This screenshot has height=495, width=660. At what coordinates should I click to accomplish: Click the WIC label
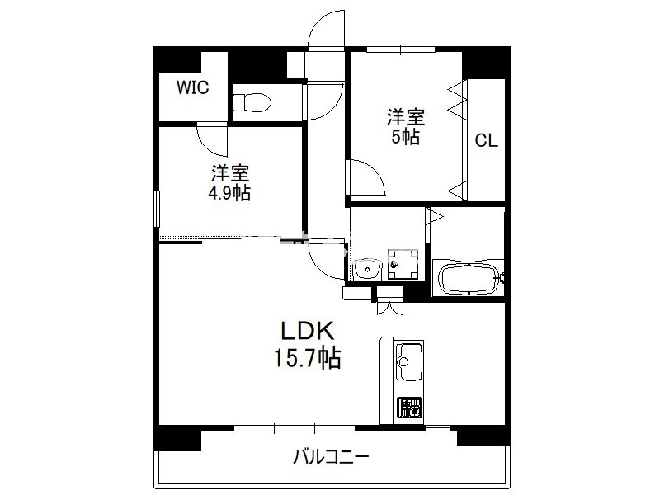pos(193,87)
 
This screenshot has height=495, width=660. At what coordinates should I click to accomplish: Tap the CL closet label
pos(486,140)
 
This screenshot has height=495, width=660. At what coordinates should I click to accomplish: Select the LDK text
pos(308,331)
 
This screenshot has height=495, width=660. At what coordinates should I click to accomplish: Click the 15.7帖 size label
pos(307,358)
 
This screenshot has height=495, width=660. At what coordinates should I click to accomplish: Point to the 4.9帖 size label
pos(229,193)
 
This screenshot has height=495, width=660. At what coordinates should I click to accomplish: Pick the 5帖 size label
pos(406,137)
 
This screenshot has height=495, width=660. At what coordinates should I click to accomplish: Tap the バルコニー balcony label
pos(331,456)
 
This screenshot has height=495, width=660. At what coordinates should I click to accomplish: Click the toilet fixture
pos(252,101)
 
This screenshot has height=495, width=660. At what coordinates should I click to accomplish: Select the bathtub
pos(468,277)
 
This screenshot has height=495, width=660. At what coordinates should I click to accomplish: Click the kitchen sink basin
pos(408,361)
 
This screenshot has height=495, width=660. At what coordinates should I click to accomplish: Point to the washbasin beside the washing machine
pos(367,269)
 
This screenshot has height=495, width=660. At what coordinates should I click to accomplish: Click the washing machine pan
pos(403,264)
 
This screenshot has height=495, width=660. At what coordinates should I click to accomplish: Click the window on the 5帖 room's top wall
pos(400,49)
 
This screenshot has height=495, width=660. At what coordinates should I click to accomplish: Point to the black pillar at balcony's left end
pos(177,438)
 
